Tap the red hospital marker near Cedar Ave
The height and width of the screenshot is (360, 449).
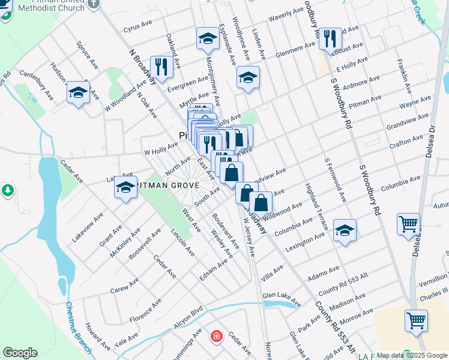[x=215, y=337]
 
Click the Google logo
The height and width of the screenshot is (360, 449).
[x=20, y=353]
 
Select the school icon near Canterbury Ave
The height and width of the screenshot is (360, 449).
[x=78, y=92]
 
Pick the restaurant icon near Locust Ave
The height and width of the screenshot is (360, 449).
[x=330, y=39]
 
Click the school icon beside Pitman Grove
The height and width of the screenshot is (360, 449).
[x=125, y=188]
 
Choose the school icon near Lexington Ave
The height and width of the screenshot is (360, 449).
[x=345, y=230]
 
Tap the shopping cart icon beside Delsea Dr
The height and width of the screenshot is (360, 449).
[x=408, y=224]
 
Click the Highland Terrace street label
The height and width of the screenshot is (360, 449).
[x=316, y=208]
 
